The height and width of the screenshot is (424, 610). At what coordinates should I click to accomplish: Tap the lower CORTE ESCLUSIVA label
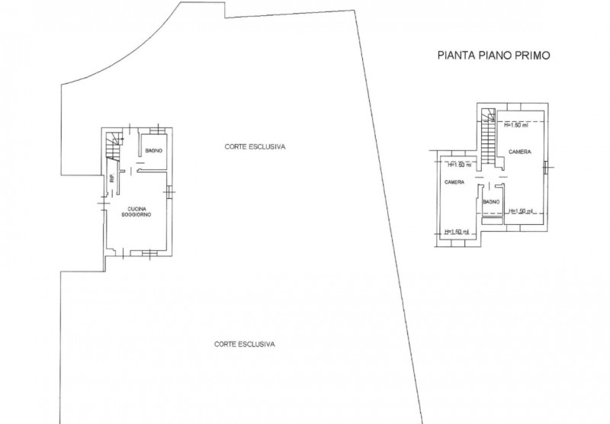click(245, 344)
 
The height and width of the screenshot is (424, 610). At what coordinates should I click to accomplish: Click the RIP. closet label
click(111, 180)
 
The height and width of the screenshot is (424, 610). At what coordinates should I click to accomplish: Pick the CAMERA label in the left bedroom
click(455, 182)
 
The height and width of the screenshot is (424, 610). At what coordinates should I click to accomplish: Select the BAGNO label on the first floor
click(490, 201)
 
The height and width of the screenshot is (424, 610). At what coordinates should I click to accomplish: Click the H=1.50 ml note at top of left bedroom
click(460, 164)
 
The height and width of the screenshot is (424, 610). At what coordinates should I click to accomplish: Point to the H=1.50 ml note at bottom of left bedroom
click(456, 232)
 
